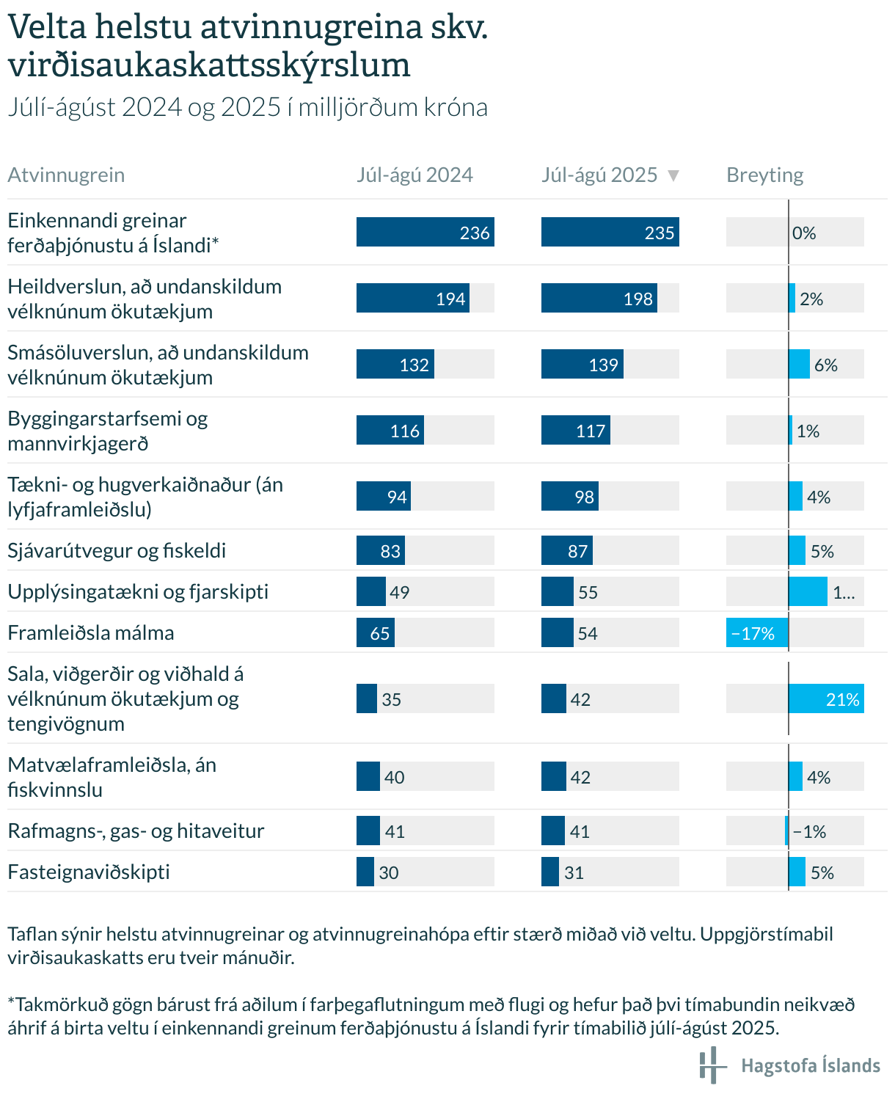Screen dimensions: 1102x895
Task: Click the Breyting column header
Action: click(764, 175)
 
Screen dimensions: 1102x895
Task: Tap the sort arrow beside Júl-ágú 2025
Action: click(673, 175)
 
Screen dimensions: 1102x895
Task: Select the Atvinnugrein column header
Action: click(66, 175)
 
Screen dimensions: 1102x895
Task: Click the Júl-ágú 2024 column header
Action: click(414, 175)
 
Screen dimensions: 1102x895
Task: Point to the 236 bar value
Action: click(475, 233)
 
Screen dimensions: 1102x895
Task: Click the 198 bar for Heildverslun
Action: click(599, 299)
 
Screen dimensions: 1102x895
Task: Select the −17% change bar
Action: click(757, 633)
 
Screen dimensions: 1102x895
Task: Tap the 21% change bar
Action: click(826, 699)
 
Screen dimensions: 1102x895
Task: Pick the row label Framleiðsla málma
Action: click(91, 632)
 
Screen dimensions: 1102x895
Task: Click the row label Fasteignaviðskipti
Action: click(89, 872)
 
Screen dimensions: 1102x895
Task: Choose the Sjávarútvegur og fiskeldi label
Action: click(117, 550)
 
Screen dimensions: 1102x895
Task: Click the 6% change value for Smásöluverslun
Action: click(825, 365)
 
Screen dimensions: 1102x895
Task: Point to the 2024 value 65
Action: click(380, 633)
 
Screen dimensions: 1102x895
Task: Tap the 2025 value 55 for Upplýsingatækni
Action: click(588, 592)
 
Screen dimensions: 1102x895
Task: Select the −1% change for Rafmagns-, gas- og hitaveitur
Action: click(809, 831)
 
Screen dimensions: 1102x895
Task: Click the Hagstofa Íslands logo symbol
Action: click(711, 1065)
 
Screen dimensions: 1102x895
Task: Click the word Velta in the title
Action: click(48, 28)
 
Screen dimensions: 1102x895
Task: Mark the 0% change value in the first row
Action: click(804, 233)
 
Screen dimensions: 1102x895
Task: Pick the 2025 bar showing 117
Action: click(576, 431)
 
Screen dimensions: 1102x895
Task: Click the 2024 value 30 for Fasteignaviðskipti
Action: click(389, 872)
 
